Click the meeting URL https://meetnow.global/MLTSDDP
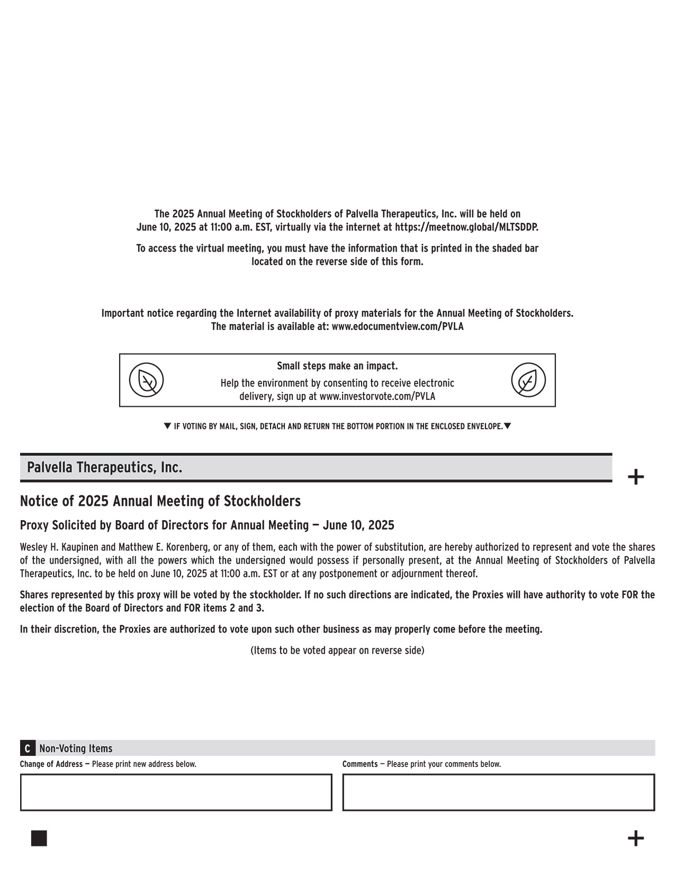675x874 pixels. click(466, 227)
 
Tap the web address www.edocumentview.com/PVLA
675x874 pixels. click(397, 326)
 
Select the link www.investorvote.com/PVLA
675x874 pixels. click(377, 396)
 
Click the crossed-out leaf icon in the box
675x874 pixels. click(147, 380)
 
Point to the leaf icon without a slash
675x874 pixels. click(528, 380)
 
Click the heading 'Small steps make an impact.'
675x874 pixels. click(337, 366)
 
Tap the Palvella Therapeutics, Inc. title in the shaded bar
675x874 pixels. click(105, 468)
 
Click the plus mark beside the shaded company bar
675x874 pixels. click(635, 477)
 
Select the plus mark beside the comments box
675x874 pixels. click(635, 839)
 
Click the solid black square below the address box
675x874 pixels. click(39, 839)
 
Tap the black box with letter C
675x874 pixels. click(27, 748)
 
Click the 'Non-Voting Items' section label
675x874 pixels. click(76, 748)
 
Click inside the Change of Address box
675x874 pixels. click(176, 792)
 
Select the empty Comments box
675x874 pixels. click(498, 792)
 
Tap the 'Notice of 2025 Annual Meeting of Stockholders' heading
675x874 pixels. click(160, 501)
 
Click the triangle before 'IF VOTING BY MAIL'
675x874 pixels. click(167, 426)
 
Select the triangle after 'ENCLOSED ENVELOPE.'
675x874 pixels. click(507, 426)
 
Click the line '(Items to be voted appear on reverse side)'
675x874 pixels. click(337, 650)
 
